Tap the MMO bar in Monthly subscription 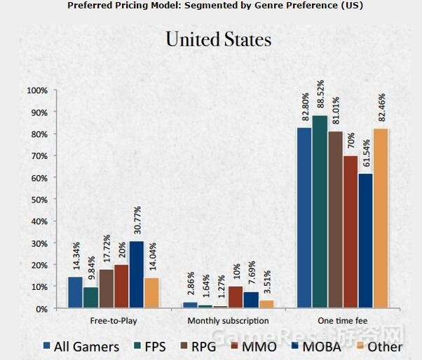pyautogui.click(x=236, y=297)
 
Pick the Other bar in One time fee pyautogui.click(x=381, y=218)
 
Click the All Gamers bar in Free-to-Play pyautogui.click(x=75, y=292)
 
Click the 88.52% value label pyautogui.click(x=320, y=97)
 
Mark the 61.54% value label pyautogui.click(x=365, y=154)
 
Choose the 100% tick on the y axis pyautogui.click(x=36, y=91)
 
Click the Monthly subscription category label pyautogui.click(x=228, y=321)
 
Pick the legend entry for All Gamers pyautogui.click(x=81, y=346)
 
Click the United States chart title pyautogui.click(x=218, y=39)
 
